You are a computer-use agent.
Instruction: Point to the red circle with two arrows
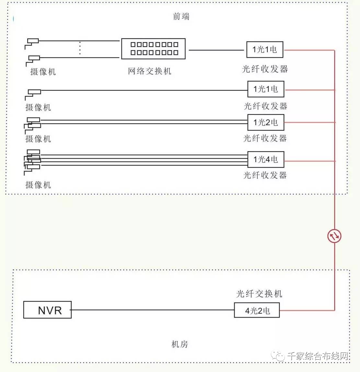click(334, 236)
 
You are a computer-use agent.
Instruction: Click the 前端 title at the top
click(181, 16)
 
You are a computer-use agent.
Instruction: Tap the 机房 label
click(180, 344)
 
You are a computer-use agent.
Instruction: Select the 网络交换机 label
click(150, 71)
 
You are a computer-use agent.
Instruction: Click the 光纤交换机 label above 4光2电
click(259, 294)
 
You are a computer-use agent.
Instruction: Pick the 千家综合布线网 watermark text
click(318, 356)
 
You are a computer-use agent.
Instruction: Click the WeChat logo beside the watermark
click(278, 355)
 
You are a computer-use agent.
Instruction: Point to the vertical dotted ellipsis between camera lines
click(80, 48)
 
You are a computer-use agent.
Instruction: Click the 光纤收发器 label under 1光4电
click(265, 175)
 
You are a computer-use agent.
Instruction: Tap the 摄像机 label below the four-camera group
click(38, 185)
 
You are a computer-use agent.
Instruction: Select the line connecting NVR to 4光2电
click(153, 310)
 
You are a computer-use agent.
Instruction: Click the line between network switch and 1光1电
click(216, 50)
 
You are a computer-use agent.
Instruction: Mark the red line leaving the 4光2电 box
click(307, 310)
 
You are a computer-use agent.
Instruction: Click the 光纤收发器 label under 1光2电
click(265, 138)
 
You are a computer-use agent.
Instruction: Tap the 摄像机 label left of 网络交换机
click(43, 72)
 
